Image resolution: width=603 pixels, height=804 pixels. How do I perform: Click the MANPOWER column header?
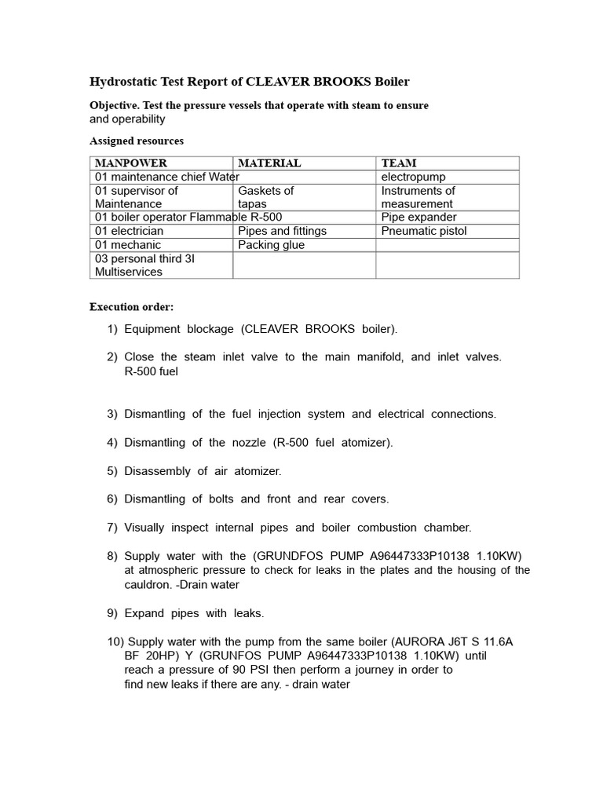click(x=130, y=163)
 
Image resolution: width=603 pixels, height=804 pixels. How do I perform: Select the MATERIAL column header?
click(x=269, y=163)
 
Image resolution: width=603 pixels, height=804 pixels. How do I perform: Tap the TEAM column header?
click(x=399, y=163)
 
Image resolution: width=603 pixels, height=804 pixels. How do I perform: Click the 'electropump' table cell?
click(x=413, y=177)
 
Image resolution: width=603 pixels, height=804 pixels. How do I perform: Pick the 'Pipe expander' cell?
click(x=418, y=217)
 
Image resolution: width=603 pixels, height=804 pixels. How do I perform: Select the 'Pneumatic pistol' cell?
click(x=423, y=231)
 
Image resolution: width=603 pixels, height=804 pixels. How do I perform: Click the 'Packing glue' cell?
click(x=271, y=245)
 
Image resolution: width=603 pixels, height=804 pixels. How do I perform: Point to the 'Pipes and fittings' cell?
click(x=282, y=231)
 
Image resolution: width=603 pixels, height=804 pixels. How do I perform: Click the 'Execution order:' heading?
click(x=131, y=307)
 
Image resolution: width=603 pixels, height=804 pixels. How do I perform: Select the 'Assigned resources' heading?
click(x=137, y=141)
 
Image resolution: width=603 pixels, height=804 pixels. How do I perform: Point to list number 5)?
click(x=112, y=471)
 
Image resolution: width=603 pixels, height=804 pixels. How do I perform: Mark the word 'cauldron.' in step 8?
click(x=149, y=584)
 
